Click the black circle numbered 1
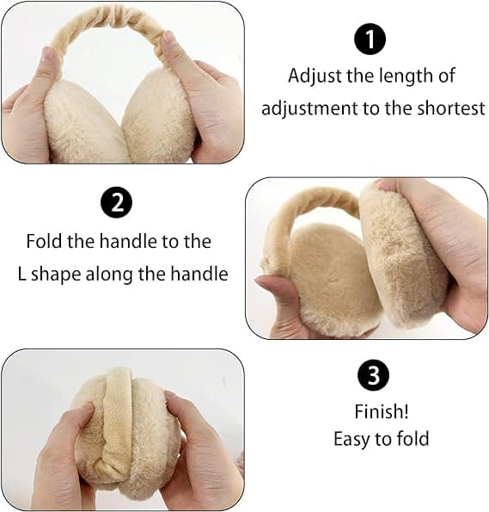click(x=370, y=40)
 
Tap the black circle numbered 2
click(x=117, y=202)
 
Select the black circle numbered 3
click(x=373, y=375)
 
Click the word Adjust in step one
click(x=315, y=77)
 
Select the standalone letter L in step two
click(x=21, y=274)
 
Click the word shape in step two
click(x=56, y=275)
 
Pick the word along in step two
click(x=109, y=275)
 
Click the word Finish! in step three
click(x=382, y=411)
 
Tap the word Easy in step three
click(x=353, y=440)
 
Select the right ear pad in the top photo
click(x=160, y=118)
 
